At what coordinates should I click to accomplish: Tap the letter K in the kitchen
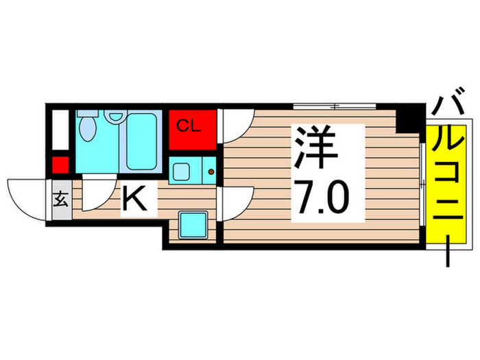tap(136, 200)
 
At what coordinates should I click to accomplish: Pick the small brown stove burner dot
tap(211, 171)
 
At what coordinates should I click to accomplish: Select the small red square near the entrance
tap(60, 165)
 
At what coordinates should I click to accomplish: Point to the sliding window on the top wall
tap(335, 106)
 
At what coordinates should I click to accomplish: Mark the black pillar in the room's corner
tap(410, 119)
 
